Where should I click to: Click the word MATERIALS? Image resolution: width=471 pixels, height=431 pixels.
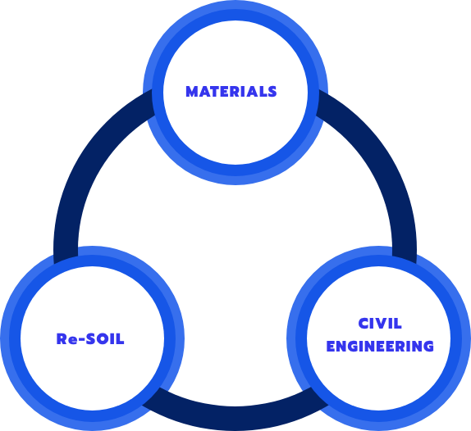tap(231, 92)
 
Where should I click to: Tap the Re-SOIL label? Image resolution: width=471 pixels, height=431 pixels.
tap(90, 338)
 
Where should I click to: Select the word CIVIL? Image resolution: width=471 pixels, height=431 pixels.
tap(380, 324)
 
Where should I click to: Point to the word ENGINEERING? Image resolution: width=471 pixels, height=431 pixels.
tap(380, 346)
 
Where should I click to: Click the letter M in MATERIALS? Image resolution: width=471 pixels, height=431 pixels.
tap(193, 92)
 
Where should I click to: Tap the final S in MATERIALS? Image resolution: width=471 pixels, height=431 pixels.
tap(272, 92)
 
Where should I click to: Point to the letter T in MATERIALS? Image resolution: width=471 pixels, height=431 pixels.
tap(215, 92)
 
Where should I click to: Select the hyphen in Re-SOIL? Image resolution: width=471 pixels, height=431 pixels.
tap(81, 340)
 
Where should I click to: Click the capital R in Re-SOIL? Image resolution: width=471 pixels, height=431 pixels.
tap(62, 338)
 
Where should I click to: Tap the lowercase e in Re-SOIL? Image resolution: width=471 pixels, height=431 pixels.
tap(73, 340)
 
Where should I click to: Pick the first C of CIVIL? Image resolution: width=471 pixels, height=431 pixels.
tap(364, 324)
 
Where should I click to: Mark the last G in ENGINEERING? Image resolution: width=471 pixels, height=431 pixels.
tap(428, 346)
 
